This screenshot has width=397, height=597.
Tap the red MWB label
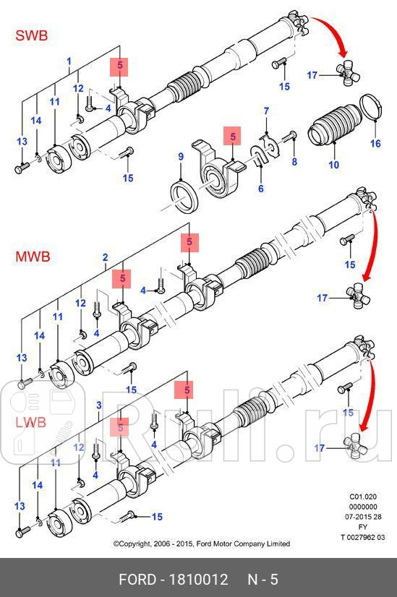pyautogui.click(x=33, y=256)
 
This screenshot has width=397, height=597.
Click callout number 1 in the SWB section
pyautogui.click(x=69, y=61)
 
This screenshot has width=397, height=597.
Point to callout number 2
pyautogui.click(x=106, y=257)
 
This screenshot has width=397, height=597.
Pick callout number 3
pyautogui.click(x=99, y=406)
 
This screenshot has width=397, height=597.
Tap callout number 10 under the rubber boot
pyautogui.click(x=333, y=166)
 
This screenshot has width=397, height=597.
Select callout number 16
pyautogui.click(x=375, y=144)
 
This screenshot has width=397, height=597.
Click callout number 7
pyautogui.click(x=265, y=111)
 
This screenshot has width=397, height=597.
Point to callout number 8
pyautogui.click(x=294, y=162)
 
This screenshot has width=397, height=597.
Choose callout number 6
pyautogui.click(x=260, y=189)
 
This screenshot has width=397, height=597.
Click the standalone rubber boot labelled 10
pyautogui.click(x=334, y=128)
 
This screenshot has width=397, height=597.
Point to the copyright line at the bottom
pyautogui.click(x=201, y=544)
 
